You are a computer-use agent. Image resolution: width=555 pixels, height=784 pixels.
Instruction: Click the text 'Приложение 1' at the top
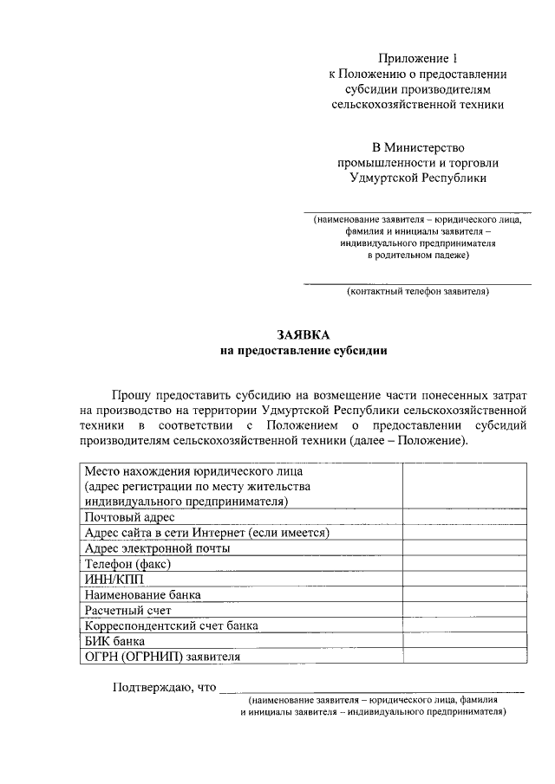(x=417, y=59)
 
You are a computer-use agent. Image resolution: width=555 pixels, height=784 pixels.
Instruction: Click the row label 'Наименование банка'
(x=143, y=594)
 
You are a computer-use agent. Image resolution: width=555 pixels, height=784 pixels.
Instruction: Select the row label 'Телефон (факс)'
(x=127, y=563)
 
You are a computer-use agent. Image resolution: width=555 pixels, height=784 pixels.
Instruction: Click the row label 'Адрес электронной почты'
(x=157, y=548)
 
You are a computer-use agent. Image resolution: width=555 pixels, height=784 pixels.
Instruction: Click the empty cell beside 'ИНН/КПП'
(x=464, y=579)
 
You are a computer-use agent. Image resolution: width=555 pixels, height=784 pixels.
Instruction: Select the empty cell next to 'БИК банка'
(x=464, y=641)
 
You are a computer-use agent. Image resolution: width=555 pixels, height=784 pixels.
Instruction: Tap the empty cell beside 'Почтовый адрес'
(x=464, y=517)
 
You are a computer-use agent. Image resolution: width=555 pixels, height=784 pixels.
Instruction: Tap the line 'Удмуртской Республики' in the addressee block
(x=417, y=178)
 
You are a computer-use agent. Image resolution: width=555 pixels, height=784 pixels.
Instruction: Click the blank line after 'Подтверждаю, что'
(x=372, y=690)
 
